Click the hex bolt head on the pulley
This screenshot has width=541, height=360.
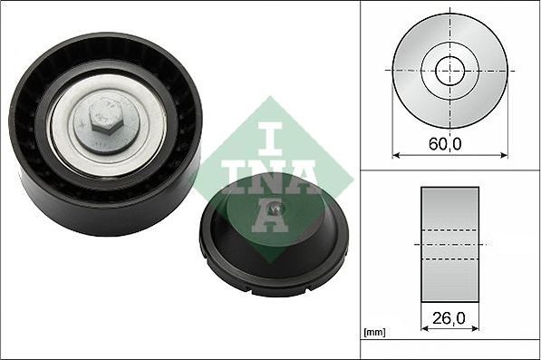tap(106, 115)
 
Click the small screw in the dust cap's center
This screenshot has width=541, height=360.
tap(276, 208)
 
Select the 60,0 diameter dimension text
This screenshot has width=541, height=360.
tap(445, 143)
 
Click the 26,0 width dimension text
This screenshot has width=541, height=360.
tap(449, 318)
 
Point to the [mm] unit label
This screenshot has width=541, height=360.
tap(374, 333)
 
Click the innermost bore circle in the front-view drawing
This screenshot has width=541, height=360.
tap(449, 71)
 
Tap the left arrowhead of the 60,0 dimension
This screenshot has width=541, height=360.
tap(396, 155)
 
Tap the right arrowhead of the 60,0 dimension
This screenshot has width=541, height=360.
tap(504, 155)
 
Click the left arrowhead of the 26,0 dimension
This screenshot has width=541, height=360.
tap(425, 328)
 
